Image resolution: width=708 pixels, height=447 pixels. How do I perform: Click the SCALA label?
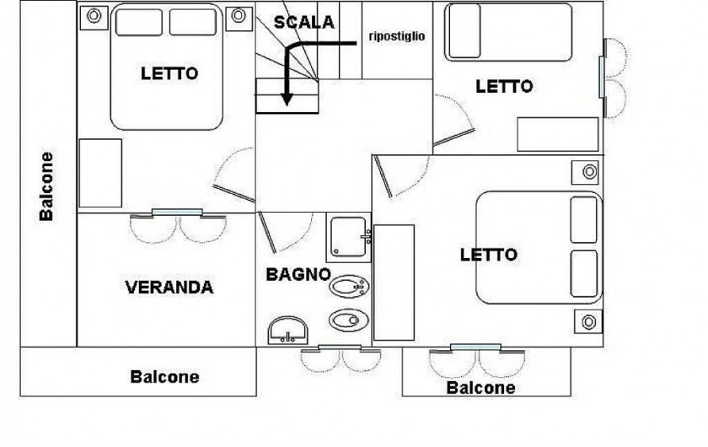304,22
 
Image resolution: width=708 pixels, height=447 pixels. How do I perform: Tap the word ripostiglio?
397,36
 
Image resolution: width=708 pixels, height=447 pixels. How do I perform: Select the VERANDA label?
169,288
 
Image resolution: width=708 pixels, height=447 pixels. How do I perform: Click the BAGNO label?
298,274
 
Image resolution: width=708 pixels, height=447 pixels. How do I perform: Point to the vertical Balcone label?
46,186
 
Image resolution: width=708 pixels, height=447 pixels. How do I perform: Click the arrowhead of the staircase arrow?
287,100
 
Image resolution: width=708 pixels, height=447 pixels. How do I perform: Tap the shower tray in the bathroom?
348,237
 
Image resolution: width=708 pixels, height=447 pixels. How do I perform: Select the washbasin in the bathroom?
288,330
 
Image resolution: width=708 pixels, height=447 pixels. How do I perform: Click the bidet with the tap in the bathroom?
349,286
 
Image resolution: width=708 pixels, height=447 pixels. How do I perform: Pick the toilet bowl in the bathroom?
349,320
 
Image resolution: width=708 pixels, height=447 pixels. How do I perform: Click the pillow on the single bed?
464,31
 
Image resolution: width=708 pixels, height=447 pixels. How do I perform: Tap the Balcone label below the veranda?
165,377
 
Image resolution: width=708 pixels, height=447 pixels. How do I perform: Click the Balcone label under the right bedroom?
481,388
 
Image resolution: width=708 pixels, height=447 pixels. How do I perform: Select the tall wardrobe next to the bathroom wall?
394,283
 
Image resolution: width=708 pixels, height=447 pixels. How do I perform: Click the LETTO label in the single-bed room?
504,86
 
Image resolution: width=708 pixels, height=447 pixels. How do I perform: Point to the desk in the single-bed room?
558,134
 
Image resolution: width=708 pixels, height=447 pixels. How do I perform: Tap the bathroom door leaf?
267,232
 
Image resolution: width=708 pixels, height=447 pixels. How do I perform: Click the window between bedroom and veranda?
177,213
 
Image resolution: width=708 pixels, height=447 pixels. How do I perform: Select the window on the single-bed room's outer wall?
602,76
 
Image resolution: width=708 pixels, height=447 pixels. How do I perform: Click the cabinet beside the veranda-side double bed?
100,173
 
